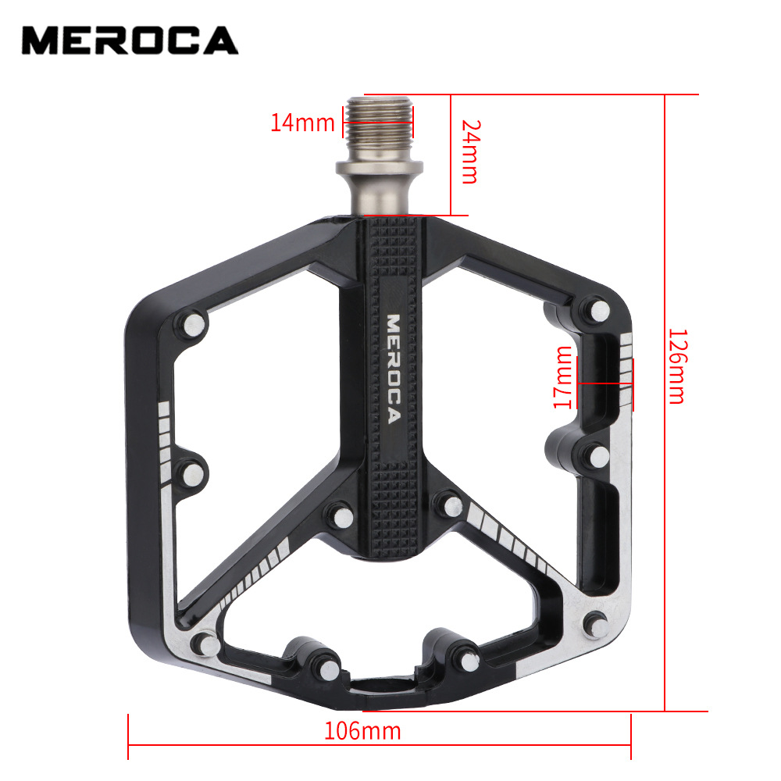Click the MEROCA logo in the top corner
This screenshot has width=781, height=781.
pos(130,40)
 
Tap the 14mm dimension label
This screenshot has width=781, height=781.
pos(302,123)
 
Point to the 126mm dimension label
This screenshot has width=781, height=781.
pos(676,365)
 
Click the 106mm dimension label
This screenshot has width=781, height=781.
pos(362,731)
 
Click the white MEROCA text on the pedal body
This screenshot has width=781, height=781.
pos(393,368)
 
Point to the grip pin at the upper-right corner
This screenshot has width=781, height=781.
pos(599,309)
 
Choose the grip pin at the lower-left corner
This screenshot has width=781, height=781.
pos(207,643)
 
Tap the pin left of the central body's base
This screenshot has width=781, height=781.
pos(338,512)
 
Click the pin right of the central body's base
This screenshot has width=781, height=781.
pos(451,504)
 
